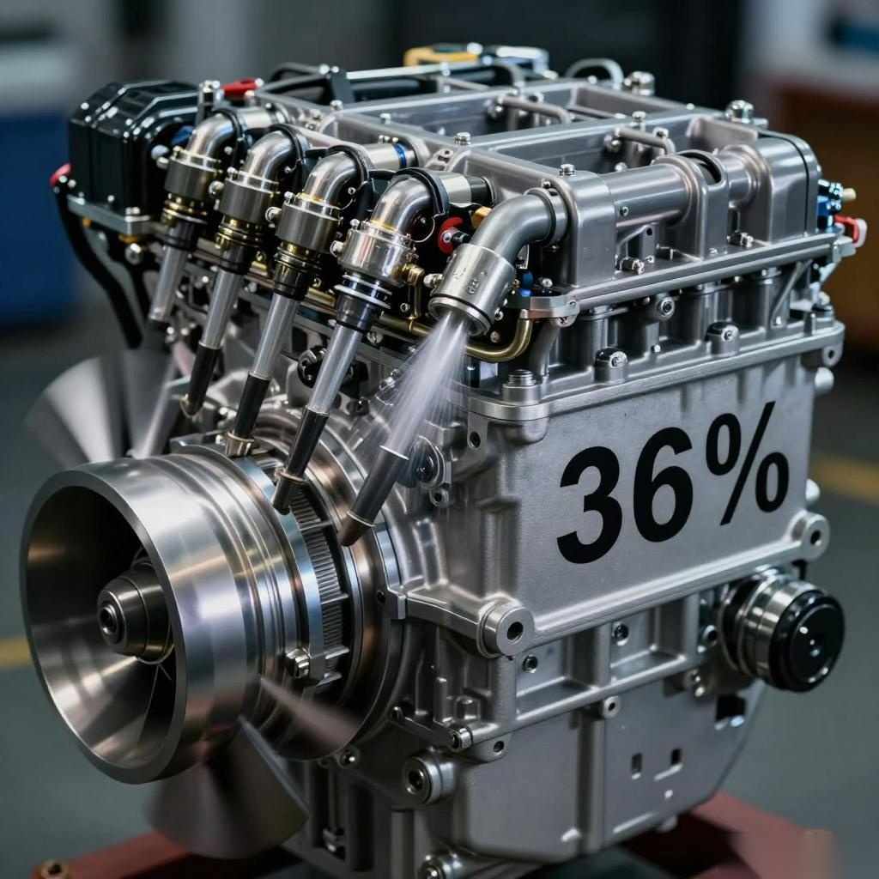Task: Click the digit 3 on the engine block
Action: click(x=591, y=505)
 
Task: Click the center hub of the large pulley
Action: click(x=132, y=615)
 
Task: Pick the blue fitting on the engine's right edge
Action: click(x=827, y=198)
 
